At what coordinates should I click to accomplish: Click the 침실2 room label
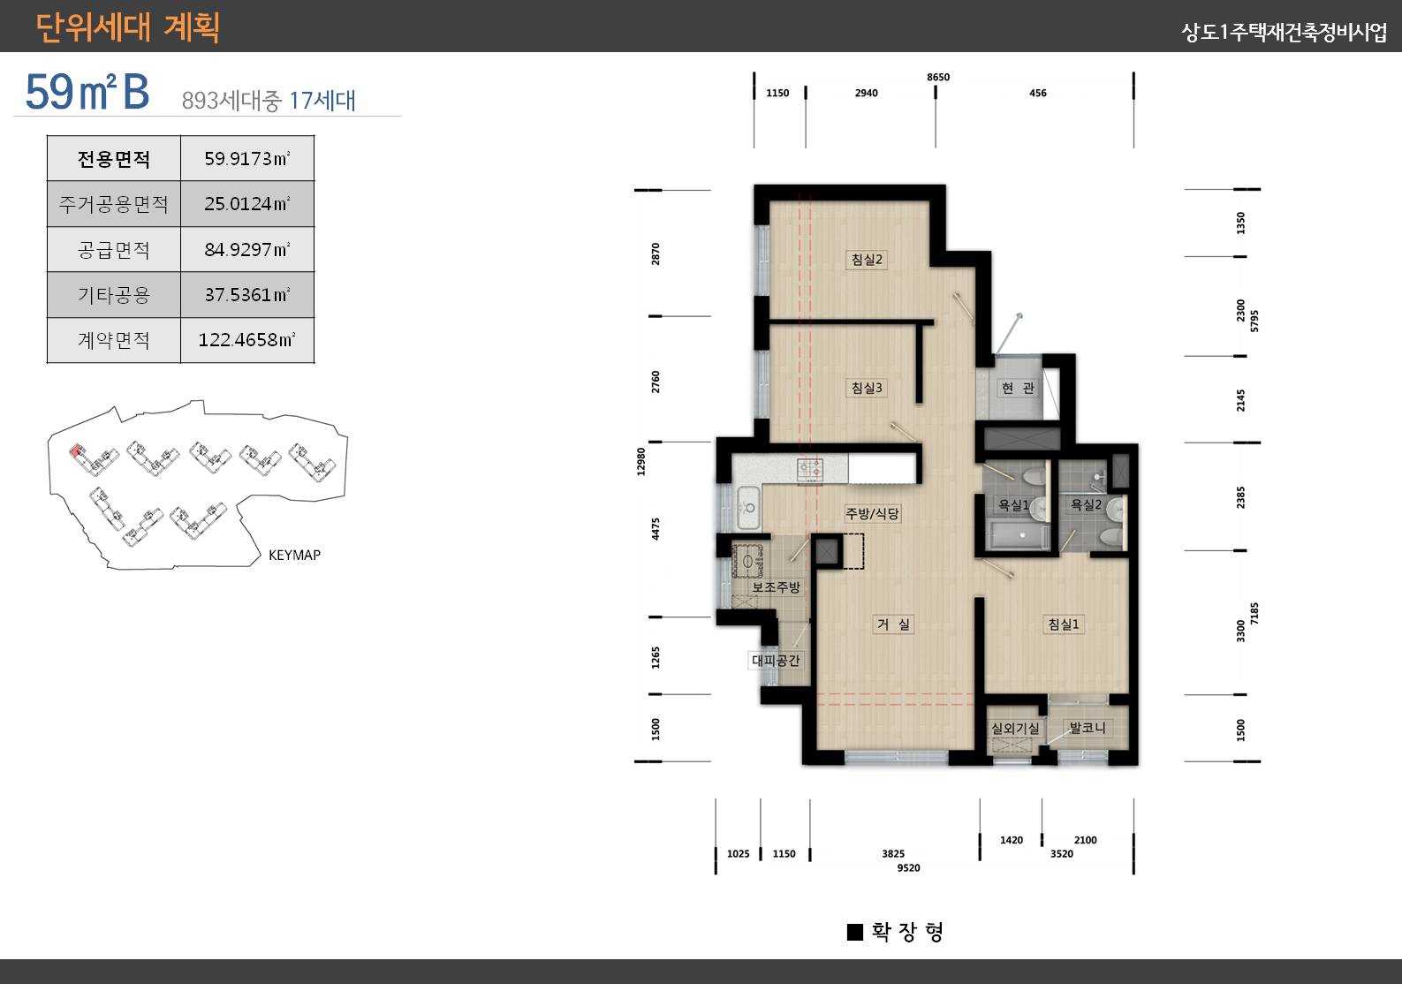[x=867, y=260]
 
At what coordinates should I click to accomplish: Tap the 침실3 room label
[x=867, y=388]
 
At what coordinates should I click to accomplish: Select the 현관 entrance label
[x=1018, y=388]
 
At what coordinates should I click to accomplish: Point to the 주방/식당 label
[x=873, y=514]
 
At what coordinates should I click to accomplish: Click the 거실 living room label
[x=894, y=624]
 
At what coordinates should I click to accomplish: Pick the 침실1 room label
[x=1064, y=624]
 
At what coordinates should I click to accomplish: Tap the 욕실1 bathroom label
[x=1013, y=504]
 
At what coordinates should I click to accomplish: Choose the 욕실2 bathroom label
[x=1086, y=504]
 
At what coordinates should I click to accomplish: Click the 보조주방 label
[x=777, y=586]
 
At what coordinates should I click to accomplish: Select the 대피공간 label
[x=777, y=660]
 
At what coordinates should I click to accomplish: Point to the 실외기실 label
[x=1015, y=728]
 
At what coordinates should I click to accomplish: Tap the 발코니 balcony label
[x=1087, y=728]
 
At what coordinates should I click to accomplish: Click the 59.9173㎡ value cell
[x=247, y=158]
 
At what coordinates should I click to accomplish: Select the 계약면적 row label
[x=114, y=340]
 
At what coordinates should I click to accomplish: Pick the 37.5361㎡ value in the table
[x=247, y=295]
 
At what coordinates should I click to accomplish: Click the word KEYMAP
[x=294, y=555]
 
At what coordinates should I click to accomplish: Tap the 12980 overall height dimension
[x=640, y=462]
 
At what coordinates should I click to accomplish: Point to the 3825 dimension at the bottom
[x=893, y=853]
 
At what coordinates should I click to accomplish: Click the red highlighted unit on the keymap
[x=76, y=450]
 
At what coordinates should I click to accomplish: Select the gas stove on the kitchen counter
[x=810, y=469]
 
